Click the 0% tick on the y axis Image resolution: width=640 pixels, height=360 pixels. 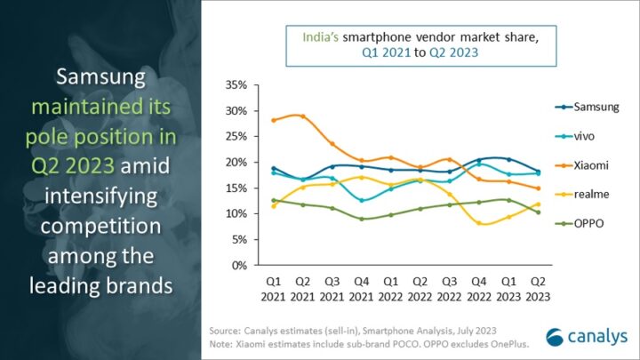click(x=239, y=265)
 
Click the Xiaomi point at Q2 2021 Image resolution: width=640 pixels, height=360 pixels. click(x=303, y=116)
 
